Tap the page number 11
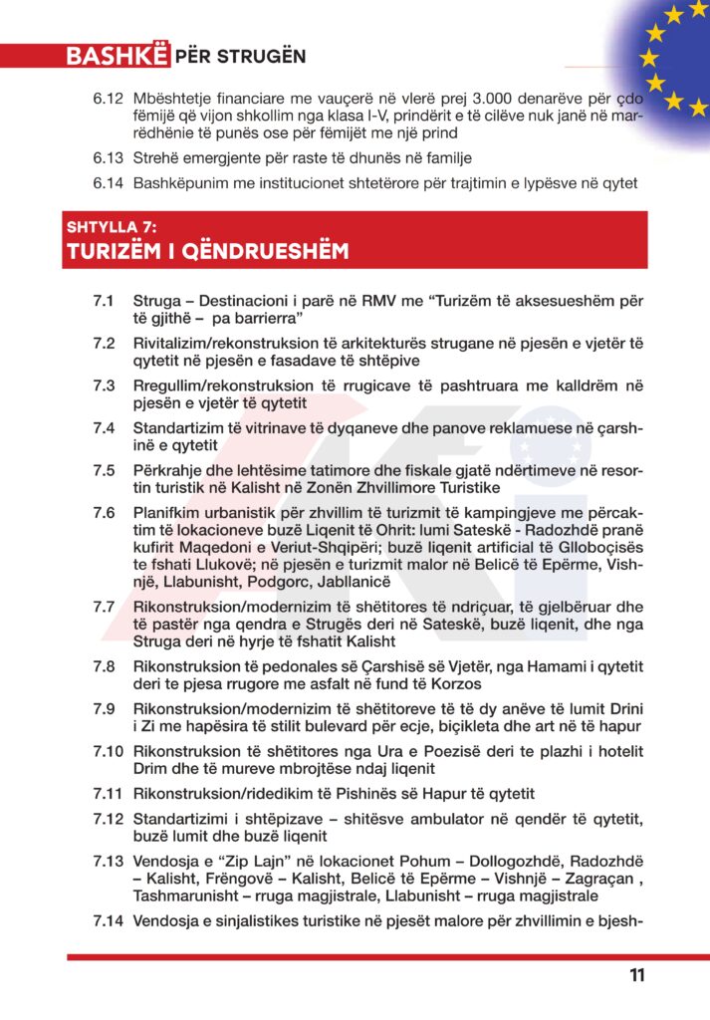[x=637, y=976]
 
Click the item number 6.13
[x=107, y=158]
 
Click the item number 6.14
[x=107, y=182]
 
